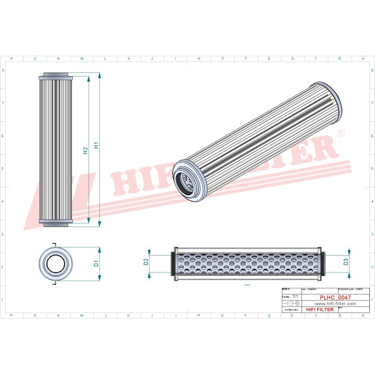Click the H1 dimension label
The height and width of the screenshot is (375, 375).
(x=96, y=146)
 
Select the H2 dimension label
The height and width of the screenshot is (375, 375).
(x=85, y=151)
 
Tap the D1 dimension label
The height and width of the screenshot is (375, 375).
(x=96, y=264)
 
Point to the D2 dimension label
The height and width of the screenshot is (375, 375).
(x=146, y=261)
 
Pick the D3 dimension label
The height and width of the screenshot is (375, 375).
(x=345, y=261)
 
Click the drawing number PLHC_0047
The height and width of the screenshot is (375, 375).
(x=335, y=297)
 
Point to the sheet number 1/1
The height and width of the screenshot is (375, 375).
(x=295, y=296)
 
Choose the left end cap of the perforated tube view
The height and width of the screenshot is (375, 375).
(x=173, y=262)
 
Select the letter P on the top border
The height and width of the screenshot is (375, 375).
(x=11, y=58)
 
